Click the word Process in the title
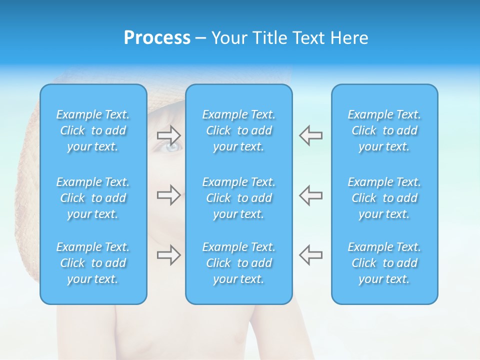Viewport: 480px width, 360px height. point(157,38)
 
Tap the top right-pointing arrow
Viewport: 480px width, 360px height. point(168,135)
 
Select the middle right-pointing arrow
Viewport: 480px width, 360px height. point(168,195)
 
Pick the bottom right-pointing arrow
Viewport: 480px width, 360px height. point(168,255)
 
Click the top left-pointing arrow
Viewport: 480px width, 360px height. point(310,135)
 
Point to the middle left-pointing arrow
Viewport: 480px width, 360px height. point(310,195)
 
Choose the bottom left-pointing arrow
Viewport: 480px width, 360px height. point(310,255)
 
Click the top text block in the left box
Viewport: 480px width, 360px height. point(93,130)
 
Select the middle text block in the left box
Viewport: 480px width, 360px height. point(93,198)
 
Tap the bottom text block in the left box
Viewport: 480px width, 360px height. point(93,263)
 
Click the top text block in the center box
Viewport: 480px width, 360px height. point(239,130)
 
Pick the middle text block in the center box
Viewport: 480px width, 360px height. point(239,198)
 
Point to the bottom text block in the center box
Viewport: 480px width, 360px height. point(239,263)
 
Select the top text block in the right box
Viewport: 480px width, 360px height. point(384,130)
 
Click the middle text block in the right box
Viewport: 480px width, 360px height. point(384,198)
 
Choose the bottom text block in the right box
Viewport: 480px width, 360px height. point(384,263)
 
